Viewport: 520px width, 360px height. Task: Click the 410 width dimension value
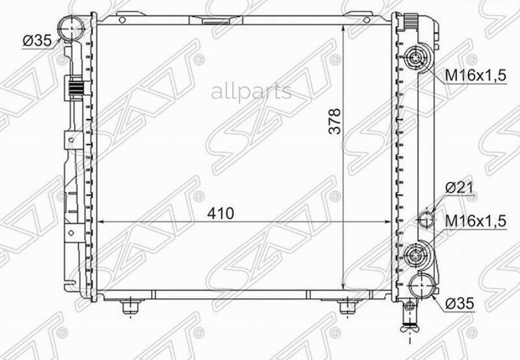click(x=221, y=213)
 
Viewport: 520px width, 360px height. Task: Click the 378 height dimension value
click(x=335, y=121)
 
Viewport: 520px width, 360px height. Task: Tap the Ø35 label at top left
click(x=37, y=41)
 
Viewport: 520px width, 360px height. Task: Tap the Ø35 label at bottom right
click(x=460, y=303)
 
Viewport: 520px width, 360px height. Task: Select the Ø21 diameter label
click(x=459, y=188)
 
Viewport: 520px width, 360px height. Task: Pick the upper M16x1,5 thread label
click(x=476, y=76)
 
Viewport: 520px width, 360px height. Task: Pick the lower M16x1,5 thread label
click(x=476, y=221)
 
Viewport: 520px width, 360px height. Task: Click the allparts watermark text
click(x=251, y=92)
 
